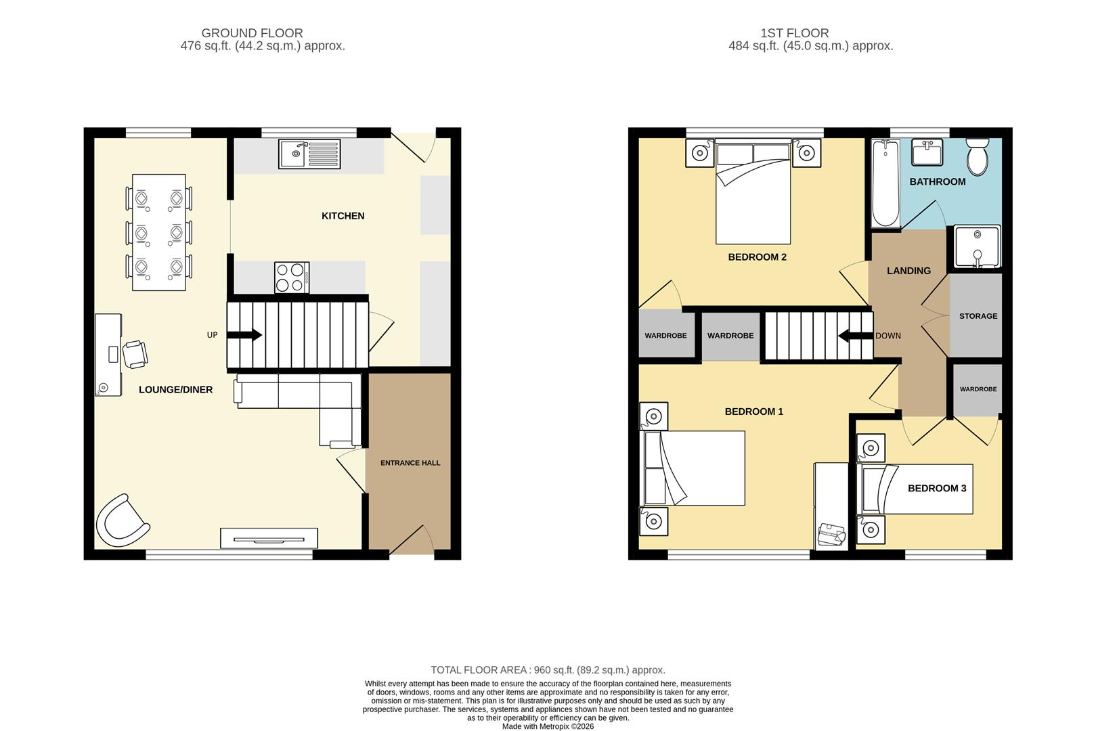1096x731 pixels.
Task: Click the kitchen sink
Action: (x=309, y=154)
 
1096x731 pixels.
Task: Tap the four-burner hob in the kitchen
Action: (x=292, y=278)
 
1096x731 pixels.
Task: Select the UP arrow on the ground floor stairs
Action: (x=247, y=334)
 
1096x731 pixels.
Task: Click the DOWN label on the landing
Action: (x=887, y=336)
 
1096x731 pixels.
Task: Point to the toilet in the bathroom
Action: (x=977, y=157)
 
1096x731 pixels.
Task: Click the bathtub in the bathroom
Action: (x=885, y=183)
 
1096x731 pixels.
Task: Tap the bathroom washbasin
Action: (x=927, y=153)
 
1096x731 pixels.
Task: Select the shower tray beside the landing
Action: (x=977, y=247)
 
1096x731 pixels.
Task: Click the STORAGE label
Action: (x=978, y=316)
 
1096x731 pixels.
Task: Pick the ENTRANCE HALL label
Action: (x=410, y=463)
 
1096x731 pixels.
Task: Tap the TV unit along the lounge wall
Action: (x=269, y=539)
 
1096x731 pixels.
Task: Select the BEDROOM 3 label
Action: (x=936, y=488)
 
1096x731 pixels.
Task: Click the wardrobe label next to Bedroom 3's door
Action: (x=978, y=389)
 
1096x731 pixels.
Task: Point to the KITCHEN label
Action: (x=343, y=216)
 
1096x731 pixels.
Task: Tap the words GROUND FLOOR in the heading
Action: (x=252, y=33)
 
